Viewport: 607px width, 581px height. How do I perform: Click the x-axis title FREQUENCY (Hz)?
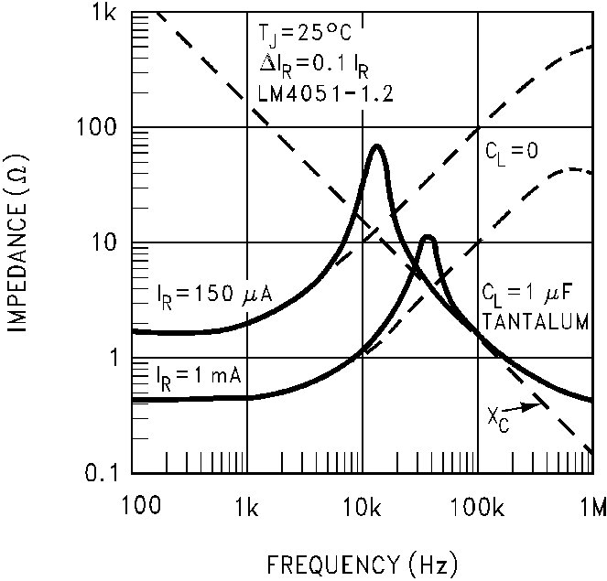363,560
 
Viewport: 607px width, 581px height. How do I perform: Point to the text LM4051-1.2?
314,92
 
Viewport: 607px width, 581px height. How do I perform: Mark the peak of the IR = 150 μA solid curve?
375,145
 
